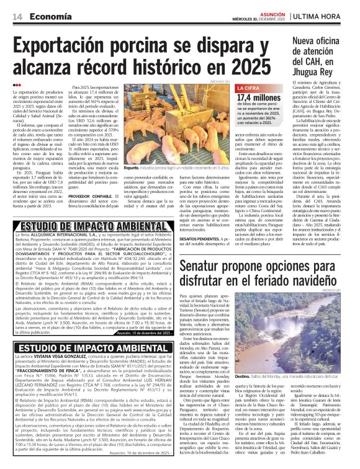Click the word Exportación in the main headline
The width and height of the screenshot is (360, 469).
point(69,44)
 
